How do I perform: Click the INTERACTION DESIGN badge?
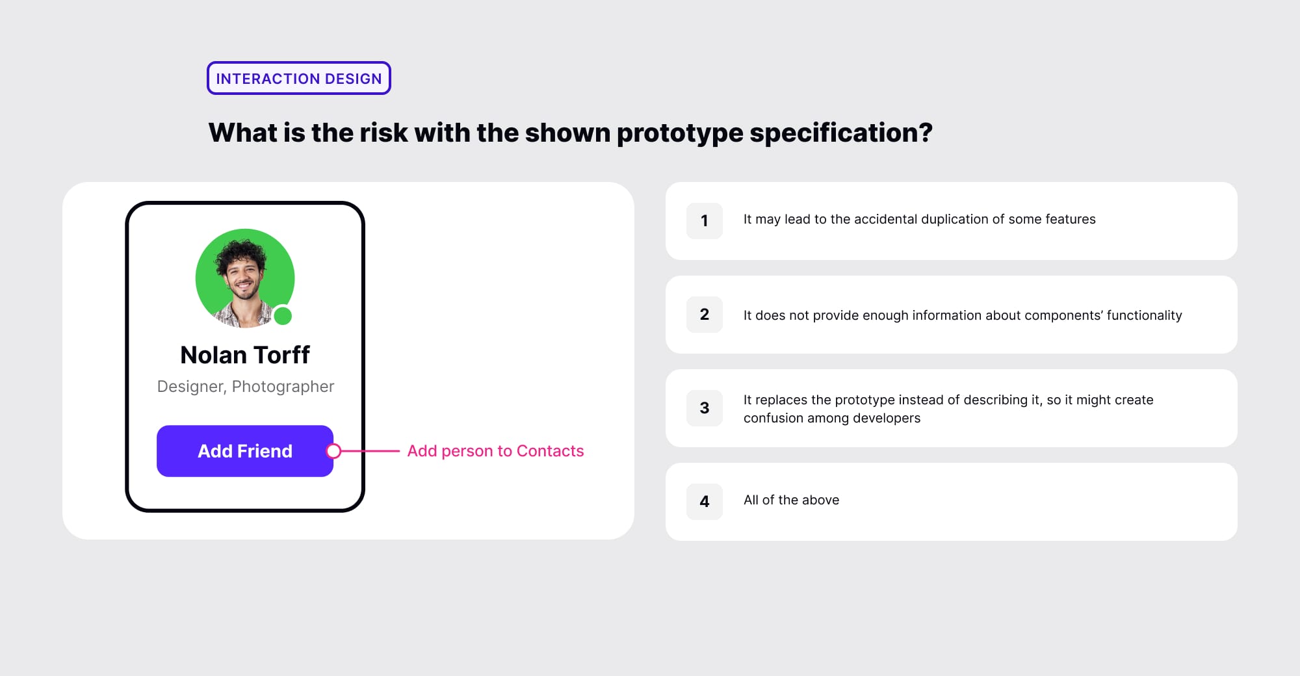click(299, 79)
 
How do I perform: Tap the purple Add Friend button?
click(244, 451)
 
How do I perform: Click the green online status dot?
click(283, 316)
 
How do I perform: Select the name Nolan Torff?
click(245, 355)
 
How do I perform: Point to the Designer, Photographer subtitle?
click(246, 387)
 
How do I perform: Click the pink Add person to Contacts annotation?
click(495, 451)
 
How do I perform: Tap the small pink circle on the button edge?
click(333, 451)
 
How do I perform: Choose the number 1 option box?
click(705, 221)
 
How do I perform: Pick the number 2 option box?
click(705, 315)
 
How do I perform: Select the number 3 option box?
click(705, 408)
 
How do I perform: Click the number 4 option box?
click(705, 502)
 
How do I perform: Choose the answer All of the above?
click(791, 500)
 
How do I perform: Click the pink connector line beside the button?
click(370, 451)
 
